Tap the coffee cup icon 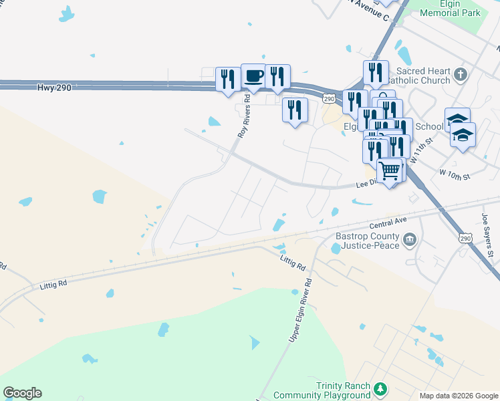(x=253, y=77)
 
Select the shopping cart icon (x=390, y=170)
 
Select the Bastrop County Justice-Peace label (x=368, y=241)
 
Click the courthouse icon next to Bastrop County (x=410, y=238)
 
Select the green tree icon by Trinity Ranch (x=380, y=388)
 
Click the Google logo (x=22, y=393)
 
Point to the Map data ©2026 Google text (x=458, y=395)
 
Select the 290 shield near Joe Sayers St (x=466, y=238)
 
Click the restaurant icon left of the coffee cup (x=228, y=79)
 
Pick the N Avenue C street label (x=368, y=9)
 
